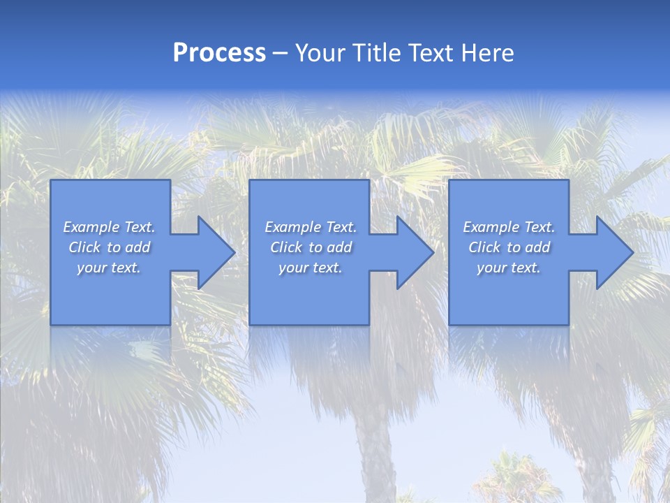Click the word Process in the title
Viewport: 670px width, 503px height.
click(x=219, y=53)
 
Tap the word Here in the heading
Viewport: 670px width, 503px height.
click(x=488, y=53)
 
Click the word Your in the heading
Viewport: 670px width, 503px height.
click(x=320, y=53)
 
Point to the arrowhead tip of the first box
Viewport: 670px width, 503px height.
click(x=234, y=252)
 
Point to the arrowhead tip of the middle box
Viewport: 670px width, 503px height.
click(x=433, y=252)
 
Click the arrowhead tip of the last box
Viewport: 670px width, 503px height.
click(x=632, y=252)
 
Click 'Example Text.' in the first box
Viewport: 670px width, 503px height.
click(x=109, y=227)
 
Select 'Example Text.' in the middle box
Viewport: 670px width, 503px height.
click(x=310, y=227)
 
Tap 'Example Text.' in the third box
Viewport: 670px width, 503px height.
click(x=509, y=227)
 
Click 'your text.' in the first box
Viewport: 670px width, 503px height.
click(x=109, y=268)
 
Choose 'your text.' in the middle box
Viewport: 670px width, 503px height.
click(x=310, y=268)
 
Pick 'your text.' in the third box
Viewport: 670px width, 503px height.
click(x=509, y=268)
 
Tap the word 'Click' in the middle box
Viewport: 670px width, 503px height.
click(x=286, y=247)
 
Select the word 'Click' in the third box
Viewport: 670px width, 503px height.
click(x=484, y=247)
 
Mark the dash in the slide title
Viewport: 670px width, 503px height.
click(x=281, y=54)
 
